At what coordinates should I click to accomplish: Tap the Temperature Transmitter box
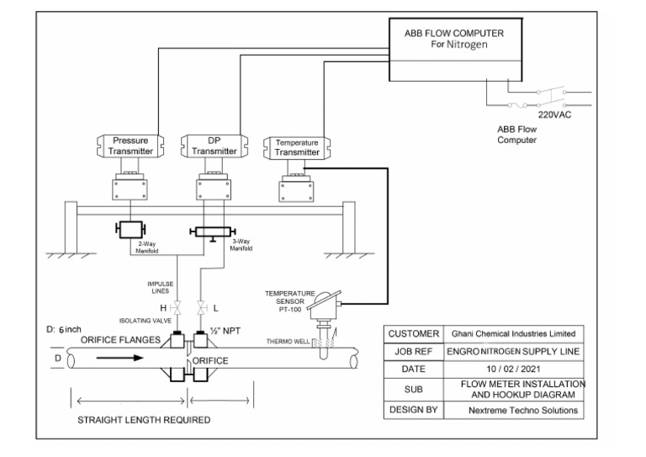292,148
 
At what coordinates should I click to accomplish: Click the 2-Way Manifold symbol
130,229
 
